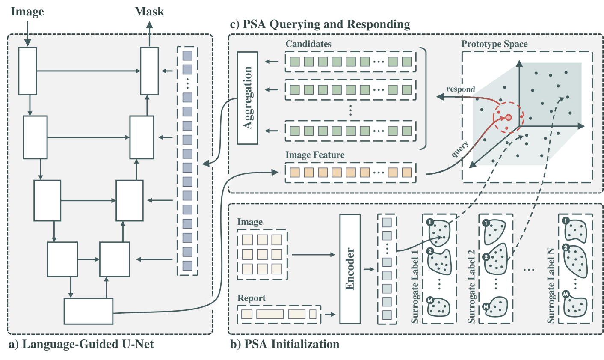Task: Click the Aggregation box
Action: [247, 98]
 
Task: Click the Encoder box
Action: [350, 269]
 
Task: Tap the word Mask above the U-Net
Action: [149, 12]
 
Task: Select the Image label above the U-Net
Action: [27, 12]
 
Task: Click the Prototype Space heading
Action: [494, 44]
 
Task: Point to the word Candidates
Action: [308, 44]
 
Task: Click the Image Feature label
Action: [315, 155]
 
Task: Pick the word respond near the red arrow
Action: [460, 89]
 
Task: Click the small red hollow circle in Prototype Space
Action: [508, 117]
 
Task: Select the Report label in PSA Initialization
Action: [252, 298]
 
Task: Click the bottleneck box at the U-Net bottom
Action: [88, 311]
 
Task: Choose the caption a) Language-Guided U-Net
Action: [81, 344]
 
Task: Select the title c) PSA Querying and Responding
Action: [320, 24]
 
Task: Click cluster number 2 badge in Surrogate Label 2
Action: [486, 257]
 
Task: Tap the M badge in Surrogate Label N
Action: [566, 294]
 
